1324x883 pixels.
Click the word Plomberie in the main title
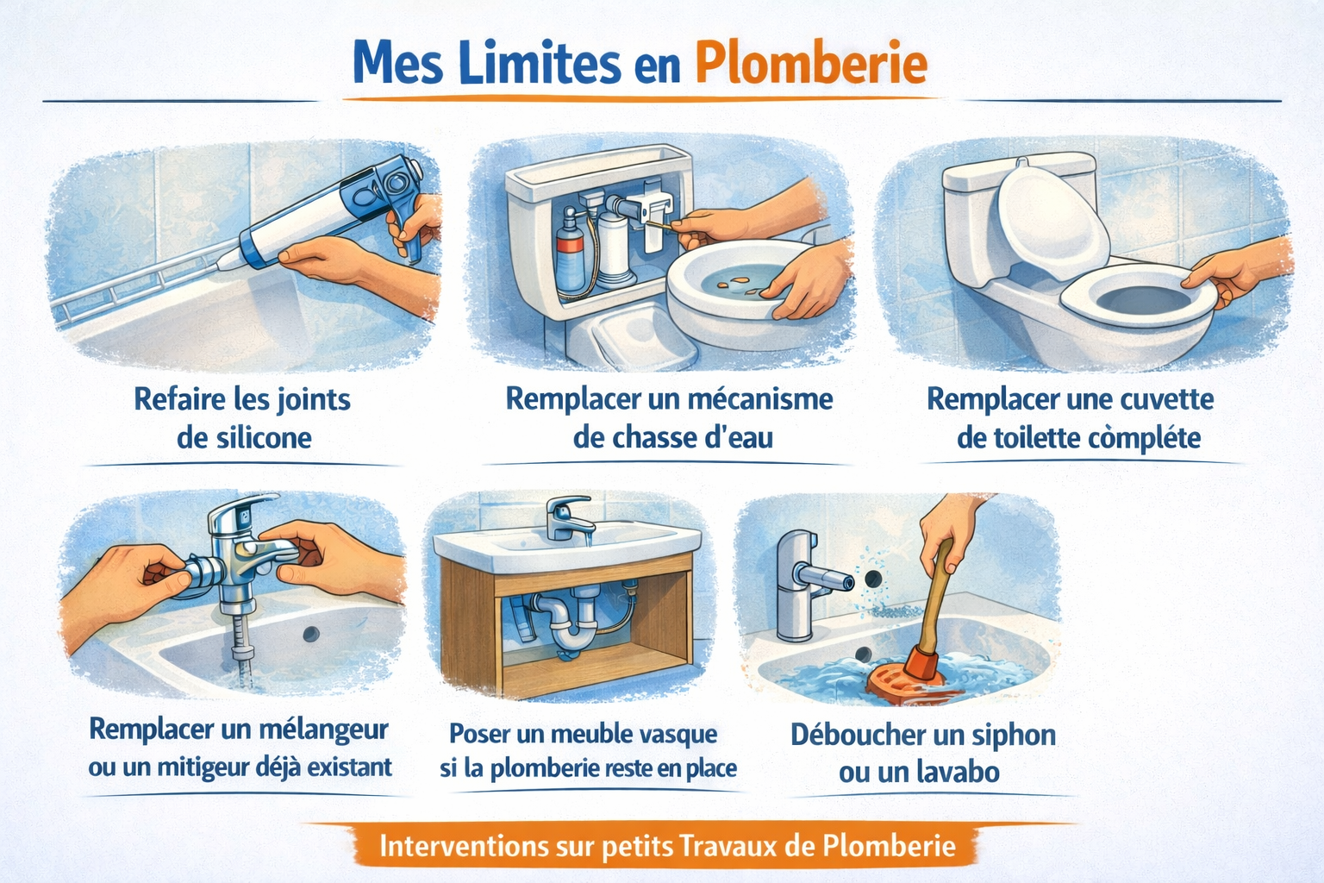pyautogui.click(x=810, y=63)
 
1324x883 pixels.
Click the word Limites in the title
pyautogui.click(x=539, y=63)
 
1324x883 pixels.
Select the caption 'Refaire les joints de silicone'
pyautogui.click(x=242, y=418)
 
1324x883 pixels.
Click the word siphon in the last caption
pyautogui.click(x=1013, y=735)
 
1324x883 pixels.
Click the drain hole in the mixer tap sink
pyautogui.click(x=310, y=635)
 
